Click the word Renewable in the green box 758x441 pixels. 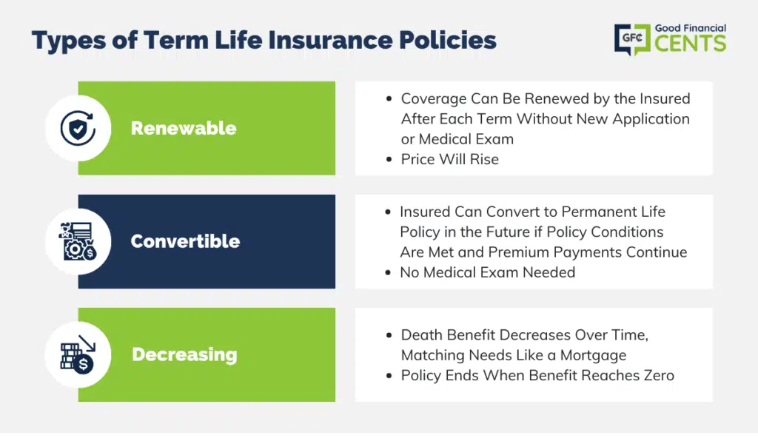(184, 128)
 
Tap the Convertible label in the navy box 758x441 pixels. (185, 241)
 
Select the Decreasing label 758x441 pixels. (184, 354)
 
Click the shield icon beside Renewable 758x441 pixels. (78, 128)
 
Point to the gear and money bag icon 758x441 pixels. (78, 241)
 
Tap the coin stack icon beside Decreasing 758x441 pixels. (78, 354)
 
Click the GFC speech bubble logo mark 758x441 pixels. (632, 39)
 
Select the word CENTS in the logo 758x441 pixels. (691, 44)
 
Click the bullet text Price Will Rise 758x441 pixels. (449, 159)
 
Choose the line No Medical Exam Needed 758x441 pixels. (487, 272)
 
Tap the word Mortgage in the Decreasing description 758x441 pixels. (593, 355)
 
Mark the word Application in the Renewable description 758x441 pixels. (651, 119)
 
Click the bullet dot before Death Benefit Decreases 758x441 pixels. (389, 335)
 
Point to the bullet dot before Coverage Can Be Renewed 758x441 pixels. (389, 99)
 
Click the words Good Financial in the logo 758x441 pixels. (691, 28)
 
